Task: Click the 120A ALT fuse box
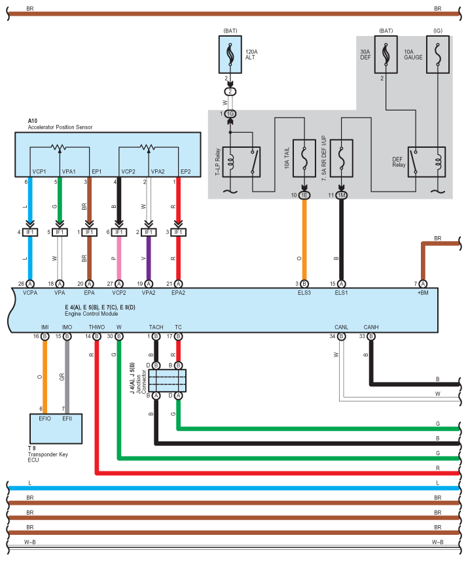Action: [x=230, y=54]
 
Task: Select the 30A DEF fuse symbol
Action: [x=386, y=54]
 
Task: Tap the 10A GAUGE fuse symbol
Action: [x=438, y=54]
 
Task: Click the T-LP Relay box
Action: [x=242, y=161]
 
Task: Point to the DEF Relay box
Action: [x=427, y=161]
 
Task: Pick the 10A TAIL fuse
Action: [x=304, y=158]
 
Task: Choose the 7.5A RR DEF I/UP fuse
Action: [x=341, y=158]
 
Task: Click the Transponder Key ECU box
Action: [x=56, y=429]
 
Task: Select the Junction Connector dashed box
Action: [x=167, y=381]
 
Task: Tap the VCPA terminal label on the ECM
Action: [x=30, y=293]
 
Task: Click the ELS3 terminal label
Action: [x=304, y=293]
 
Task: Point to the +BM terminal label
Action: [x=423, y=293]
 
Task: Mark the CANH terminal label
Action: [x=371, y=327]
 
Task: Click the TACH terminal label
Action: [x=156, y=327]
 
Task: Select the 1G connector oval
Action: [x=230, y=114]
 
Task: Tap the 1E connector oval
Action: [x=304, y=195]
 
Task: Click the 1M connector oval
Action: [x=341, y=195]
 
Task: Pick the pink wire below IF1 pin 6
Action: [x=119, y=258]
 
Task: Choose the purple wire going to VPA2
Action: [x=149, y=258]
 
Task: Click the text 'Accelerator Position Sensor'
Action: [x=60, y=127]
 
